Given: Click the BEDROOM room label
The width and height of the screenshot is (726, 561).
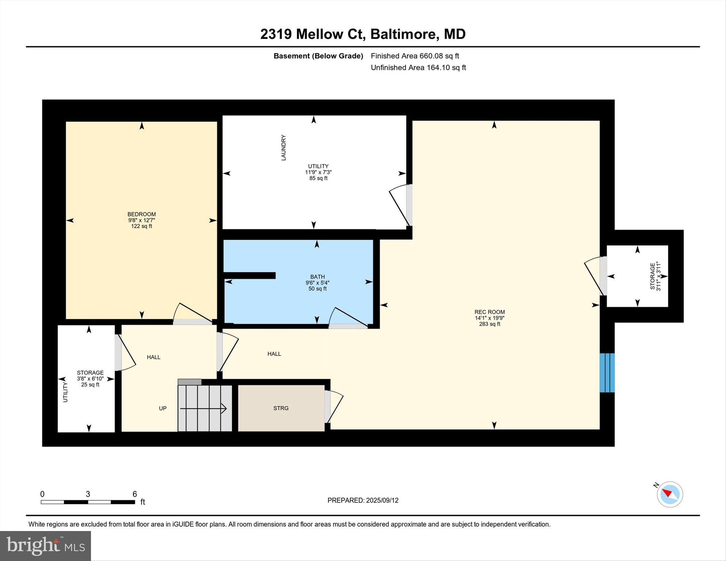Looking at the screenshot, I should tap(141, 214).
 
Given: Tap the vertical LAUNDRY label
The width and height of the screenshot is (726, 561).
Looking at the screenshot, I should tap(284, 148).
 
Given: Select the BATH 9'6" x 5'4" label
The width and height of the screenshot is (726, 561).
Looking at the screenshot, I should tap(317, 283).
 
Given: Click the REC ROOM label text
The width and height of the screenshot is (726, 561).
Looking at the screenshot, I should tap(489, 312).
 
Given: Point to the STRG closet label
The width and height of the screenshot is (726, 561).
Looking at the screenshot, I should tap(281, 408).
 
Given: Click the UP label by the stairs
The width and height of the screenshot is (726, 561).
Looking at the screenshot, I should tap(163, 408).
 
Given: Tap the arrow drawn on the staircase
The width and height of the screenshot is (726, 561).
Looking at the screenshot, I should tap(204, 408).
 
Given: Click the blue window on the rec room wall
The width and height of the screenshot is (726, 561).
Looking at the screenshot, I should tap(607, 373).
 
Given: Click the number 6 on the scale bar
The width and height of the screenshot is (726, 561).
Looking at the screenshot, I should tap(134, 494).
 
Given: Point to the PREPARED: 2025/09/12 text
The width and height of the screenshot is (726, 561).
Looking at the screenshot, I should tap(363, 500).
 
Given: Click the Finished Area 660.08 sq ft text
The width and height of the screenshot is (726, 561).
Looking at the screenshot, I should tap(415, 56).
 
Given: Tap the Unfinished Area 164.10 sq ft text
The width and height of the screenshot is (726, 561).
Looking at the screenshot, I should tap(418, 68).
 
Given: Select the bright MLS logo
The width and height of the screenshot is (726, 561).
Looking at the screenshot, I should tap(45, 546).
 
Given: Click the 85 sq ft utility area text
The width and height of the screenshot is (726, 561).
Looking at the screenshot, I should tap(318, 178).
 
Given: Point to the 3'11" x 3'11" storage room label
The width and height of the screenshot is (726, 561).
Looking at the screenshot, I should tap(655, 276).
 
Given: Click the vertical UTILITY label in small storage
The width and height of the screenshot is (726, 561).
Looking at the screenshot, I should tap(65, 392).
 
